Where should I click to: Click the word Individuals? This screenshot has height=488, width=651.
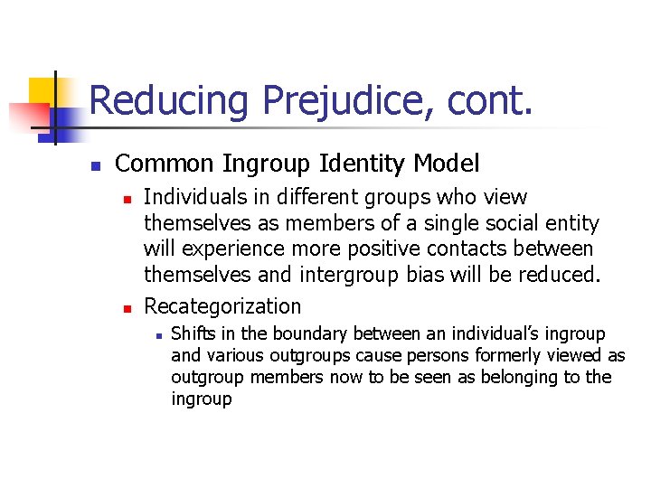click(x=197, y=197)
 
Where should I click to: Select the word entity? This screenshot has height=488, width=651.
click(x=570, y=222)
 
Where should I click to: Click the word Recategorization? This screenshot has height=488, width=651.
click(x=222, y=306)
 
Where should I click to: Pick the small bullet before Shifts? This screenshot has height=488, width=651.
click(x=158, y=335)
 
